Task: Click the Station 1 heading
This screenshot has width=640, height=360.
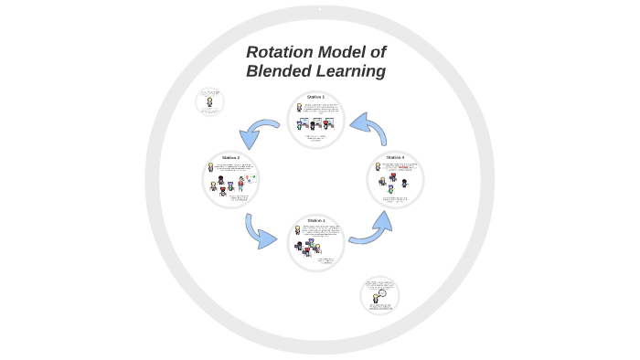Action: pyautogui.click(x=316, y=97)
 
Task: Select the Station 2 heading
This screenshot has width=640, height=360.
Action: pyautogui.click(x=230, y=157)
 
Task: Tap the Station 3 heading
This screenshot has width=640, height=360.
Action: pyautogui.click(x=316, y=220)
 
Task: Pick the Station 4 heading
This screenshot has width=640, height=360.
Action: pyautogui.click(x=395, y=157)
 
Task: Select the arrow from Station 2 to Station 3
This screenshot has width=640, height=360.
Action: pyautogui.click(x=261, y=232)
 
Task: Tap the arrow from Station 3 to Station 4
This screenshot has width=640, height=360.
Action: pyautogui.click(x=370, y=229)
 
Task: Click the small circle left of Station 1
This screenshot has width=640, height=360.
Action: pyautogui.click(x=209, y=101)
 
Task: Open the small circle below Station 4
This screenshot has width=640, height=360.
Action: pyautogui.click(x=379, y=295)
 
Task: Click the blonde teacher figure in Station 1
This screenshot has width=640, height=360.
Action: pyautogui.click(x=299, y=109)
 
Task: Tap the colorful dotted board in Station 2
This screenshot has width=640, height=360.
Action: pyautogui.click(x=249, y=179)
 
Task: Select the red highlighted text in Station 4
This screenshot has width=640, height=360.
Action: pyautogui.click(x=402, y=167)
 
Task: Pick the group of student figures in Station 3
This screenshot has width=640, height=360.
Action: pyautogui.click(x=309, y=248)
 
